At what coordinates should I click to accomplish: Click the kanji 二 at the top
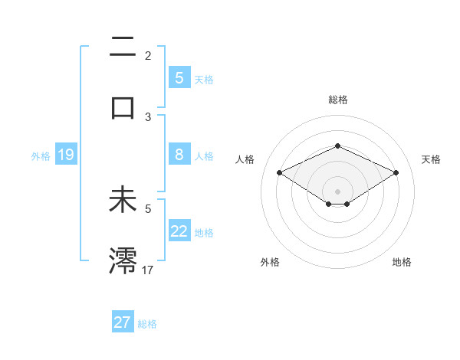tap(123, 48)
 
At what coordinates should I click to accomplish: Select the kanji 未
tap(123, 201)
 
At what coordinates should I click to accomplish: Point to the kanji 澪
tap(123, 260)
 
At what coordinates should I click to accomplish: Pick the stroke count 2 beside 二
tap(148, 56)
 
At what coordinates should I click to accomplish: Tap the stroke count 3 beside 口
tap(148, 117)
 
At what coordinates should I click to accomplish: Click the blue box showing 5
tap(179, 77)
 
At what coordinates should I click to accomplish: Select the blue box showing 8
tap(179, 155)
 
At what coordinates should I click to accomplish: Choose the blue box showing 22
tap(179, 231)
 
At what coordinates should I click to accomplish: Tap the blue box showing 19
tap(66, 155)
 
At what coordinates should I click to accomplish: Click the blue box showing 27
tap(123, 322)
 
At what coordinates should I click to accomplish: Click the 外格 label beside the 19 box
tap(41, 156)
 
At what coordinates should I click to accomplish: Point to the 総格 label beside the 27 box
tap(147, 324)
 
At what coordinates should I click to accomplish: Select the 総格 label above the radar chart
tap(337, 100)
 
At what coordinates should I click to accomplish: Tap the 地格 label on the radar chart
tap(402, 262)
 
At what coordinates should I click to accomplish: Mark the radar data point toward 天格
tap(396, 172)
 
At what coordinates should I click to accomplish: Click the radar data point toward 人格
tap(279, 172)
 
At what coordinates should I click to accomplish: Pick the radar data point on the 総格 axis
tap(337, 146)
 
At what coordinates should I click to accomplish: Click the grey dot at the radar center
tap(337, 191)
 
